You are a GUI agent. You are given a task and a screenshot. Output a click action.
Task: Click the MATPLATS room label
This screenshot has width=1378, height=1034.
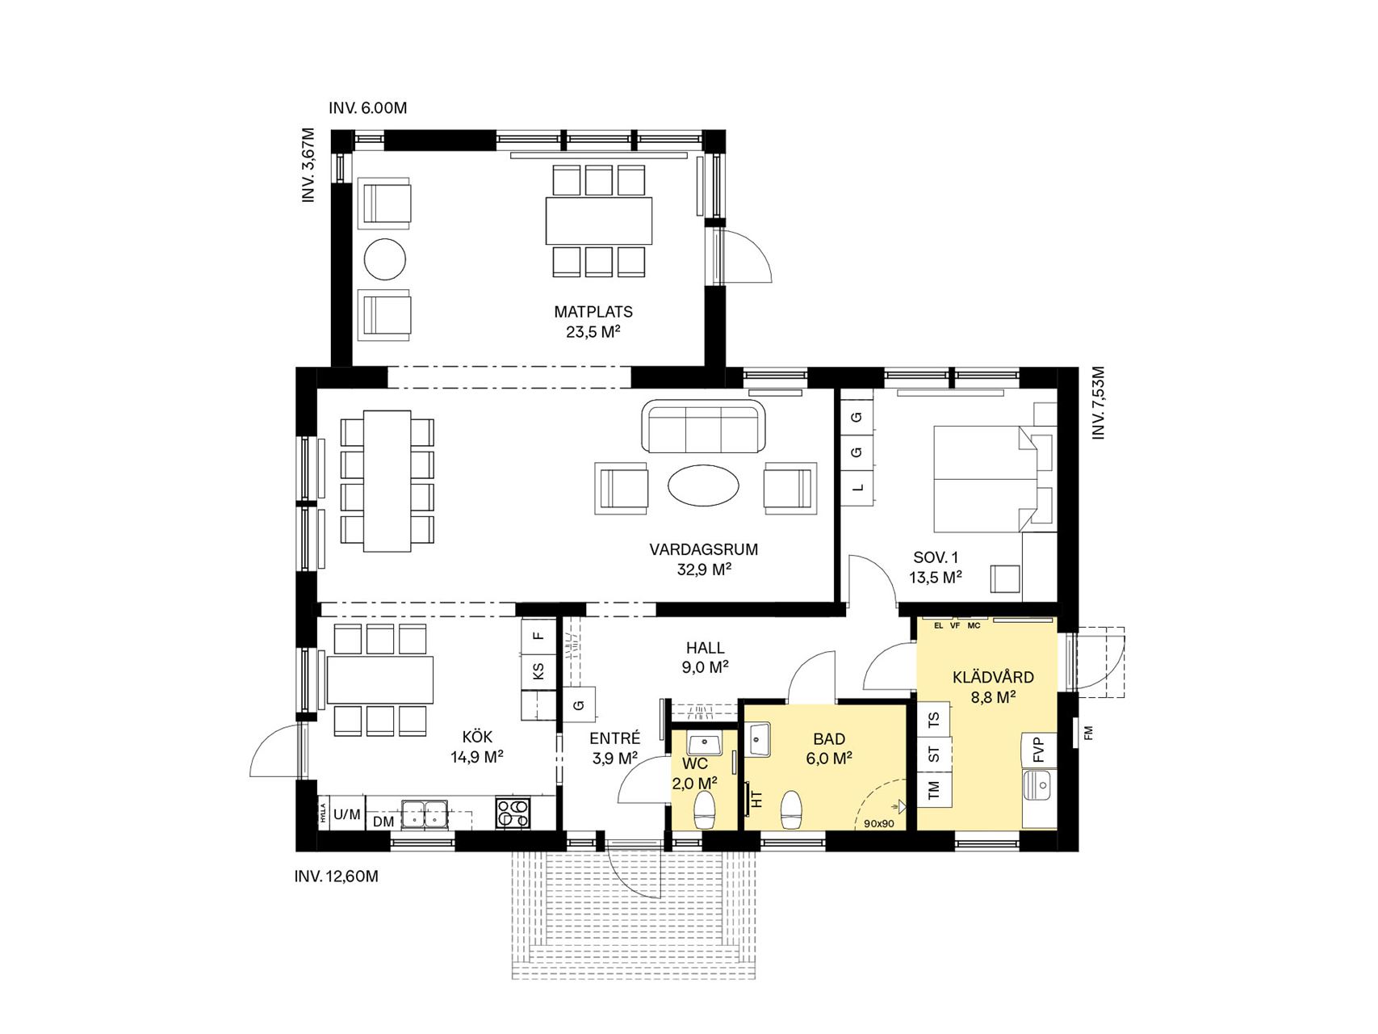point(593,312)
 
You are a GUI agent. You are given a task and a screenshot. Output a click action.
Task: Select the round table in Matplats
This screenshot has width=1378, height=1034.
point(385,260)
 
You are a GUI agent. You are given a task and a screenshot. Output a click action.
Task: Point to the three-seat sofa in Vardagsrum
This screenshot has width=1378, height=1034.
point(702,427)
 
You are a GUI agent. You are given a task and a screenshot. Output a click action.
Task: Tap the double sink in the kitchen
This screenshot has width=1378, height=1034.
point(425,813)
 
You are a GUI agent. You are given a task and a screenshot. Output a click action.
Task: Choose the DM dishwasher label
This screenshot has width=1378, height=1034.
point(383,822)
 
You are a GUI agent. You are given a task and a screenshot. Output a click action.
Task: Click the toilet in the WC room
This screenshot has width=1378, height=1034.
point(705,809)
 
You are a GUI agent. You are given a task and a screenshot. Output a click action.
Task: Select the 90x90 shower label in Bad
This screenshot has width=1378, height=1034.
point(879,824)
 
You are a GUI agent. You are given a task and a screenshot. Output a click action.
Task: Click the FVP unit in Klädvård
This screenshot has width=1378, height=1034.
point(1038,750)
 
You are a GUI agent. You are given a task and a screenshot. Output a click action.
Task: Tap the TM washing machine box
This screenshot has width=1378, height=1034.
point(934,788)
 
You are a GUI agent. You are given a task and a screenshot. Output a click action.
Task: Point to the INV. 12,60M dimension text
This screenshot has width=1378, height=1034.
point(336,876)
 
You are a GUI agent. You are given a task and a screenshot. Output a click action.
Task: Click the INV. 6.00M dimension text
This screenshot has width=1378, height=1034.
point(368,108)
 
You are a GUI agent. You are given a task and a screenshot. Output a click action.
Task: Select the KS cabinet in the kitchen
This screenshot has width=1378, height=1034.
point(538,670)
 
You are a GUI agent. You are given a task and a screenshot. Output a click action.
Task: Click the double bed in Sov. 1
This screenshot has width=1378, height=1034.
point(984,478)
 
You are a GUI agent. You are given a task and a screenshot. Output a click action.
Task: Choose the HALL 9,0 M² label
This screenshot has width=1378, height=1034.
point(706,658)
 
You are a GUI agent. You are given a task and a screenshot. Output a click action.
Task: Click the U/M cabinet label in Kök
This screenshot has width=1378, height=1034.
point(346,814)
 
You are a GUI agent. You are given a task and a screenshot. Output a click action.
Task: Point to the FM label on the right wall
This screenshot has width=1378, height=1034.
point(1088,733)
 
